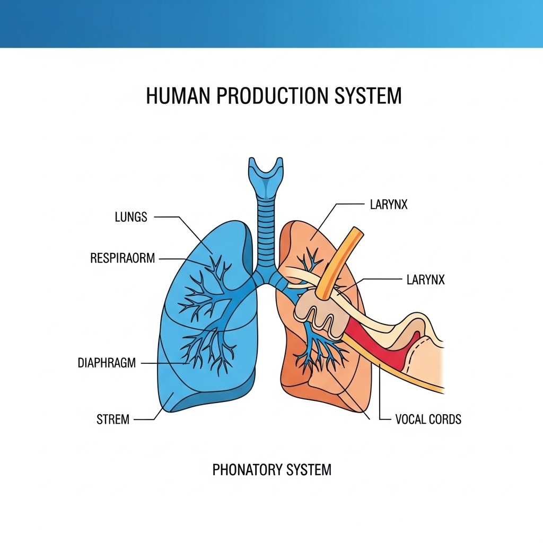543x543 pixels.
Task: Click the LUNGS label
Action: click(131, 217)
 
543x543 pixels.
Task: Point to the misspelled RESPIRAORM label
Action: click(122, 258)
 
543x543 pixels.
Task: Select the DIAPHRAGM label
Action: click(107, 363)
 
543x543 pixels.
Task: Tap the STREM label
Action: click(113, 419)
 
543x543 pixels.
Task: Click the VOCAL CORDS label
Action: click(428, 419)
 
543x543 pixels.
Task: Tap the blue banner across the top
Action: click(271, 24)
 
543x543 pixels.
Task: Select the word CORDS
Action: click(444, 419)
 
